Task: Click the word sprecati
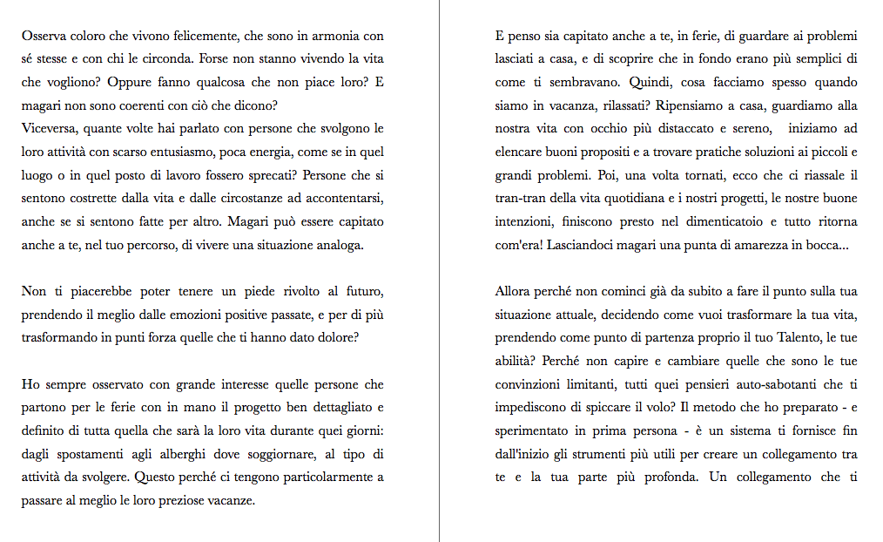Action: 266,175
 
